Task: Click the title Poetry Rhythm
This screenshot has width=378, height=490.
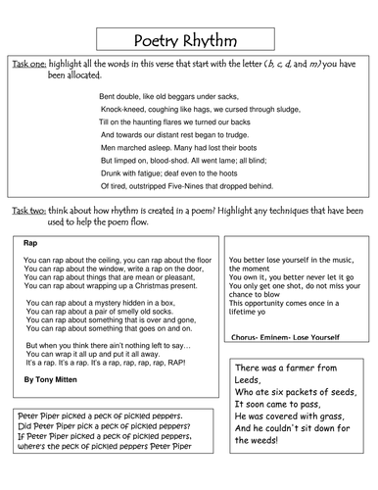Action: click(x=188, y=39)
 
